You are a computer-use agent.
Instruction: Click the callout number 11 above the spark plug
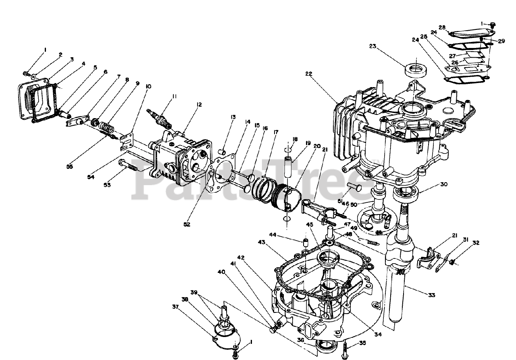click(174, 96)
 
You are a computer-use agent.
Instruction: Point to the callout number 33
click(431, 295)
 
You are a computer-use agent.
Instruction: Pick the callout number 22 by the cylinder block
click(309, 74)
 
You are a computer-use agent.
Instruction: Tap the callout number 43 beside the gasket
click(262, 242)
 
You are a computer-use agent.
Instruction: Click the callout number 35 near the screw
click(362, 343)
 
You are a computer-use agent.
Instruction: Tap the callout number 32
click(476, 243)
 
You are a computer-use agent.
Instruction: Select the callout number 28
click(442, 27)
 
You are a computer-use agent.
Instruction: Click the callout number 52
click(187, 224)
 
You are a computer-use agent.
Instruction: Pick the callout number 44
click(284, 235)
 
